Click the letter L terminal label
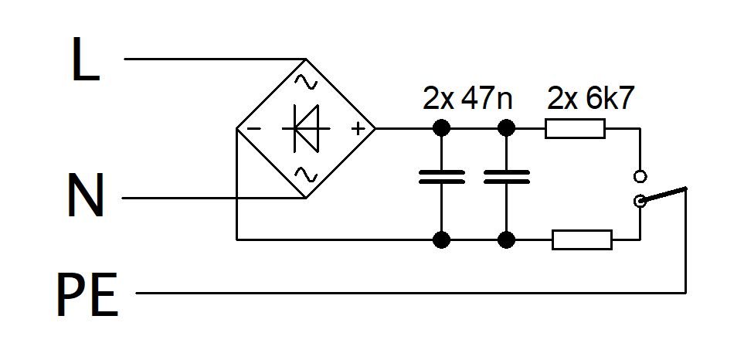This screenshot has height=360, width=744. tap(86, 59)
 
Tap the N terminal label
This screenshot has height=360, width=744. tap(86, 195)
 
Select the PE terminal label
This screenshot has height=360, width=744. tap(87, 294)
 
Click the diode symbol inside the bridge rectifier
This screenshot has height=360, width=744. tap(307, 128)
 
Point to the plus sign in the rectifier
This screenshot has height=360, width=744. tap(358, 128)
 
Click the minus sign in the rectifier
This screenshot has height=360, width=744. tap(254, 128)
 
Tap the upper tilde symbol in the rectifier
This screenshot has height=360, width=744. tap(306, 83)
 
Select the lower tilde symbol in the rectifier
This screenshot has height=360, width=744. tap(306, 175)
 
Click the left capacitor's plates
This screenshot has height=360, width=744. tap(442, 176)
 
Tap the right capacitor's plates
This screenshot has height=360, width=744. tap(507, 176)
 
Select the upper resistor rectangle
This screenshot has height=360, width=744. tap(575, 128)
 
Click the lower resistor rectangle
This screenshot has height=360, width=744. tap(582, 239)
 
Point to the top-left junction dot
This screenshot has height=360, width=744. tap(442, 128)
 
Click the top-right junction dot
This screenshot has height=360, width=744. tap(507, 128)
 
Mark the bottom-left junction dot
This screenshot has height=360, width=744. tap(442, 239)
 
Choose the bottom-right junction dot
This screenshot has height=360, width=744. tap(507, 239)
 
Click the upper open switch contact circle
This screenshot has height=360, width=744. tap(640, 176)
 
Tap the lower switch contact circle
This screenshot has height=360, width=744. tap(640, 201)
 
